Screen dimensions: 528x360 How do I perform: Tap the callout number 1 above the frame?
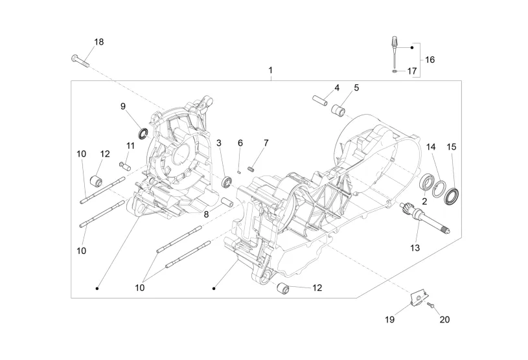(x=270, y=71)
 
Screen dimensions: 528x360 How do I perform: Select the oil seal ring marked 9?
(x=143, y=133)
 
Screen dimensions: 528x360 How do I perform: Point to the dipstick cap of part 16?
(x=394, y=43)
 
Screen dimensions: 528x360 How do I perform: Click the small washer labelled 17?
(x=394, y=71)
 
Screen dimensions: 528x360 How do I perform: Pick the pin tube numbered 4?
(x=319, y=100)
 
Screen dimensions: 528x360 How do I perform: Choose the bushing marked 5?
(x=338, y=110)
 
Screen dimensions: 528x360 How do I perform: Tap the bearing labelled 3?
(x=227, y=182)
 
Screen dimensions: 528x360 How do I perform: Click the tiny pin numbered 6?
(x=240, y=171)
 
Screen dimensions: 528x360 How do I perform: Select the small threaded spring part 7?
(x=250, y=168)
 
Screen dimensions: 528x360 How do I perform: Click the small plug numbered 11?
(x=125, y=166)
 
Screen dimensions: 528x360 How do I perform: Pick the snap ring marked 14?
(x=439, y=190)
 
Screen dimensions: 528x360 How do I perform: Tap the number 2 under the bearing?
(x=424, y=201)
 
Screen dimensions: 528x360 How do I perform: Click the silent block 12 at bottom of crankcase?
(x=283, y=289)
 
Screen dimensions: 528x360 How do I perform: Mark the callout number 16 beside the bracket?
(x=430, y=60)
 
